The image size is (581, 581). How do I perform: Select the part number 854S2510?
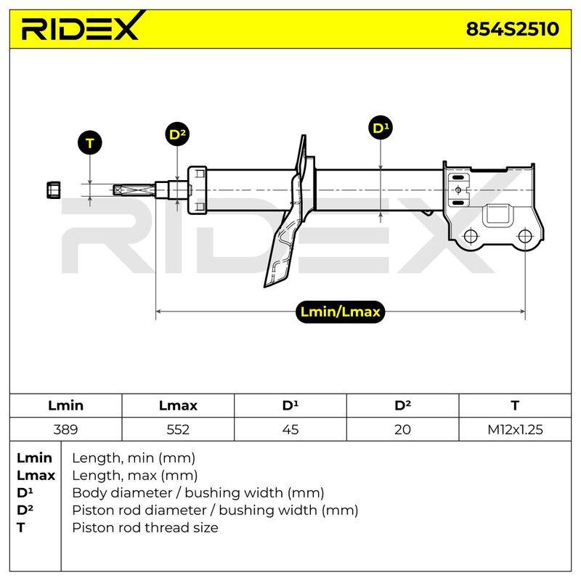[512, 29]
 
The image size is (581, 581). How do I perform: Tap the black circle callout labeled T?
[89, 142]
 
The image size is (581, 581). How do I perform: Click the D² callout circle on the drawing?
[177, 134]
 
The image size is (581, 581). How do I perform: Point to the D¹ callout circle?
[381, 128]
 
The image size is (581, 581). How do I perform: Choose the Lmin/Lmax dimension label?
[340, 312]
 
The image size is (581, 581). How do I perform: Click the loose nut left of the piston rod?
[54, 190]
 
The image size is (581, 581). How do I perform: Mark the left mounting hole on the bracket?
[471, 235]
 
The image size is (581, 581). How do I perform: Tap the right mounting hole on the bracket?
[525, 235]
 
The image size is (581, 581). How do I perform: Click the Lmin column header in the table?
[65, 405]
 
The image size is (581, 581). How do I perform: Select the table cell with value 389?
[65, 429]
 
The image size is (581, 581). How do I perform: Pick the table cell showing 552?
[178, 429]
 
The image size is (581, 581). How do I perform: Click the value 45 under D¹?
[290, 429]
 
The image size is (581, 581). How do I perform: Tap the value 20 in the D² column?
[402, 429]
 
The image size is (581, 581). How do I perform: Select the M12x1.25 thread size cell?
[515, 429]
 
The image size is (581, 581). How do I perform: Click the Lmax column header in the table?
[178, 405]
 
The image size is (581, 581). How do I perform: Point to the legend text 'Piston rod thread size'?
[145, 528]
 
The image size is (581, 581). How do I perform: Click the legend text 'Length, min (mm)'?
[134, 458]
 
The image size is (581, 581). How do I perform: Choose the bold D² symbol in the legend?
[25, 511]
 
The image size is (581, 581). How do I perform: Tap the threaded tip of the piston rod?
[134, 190]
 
